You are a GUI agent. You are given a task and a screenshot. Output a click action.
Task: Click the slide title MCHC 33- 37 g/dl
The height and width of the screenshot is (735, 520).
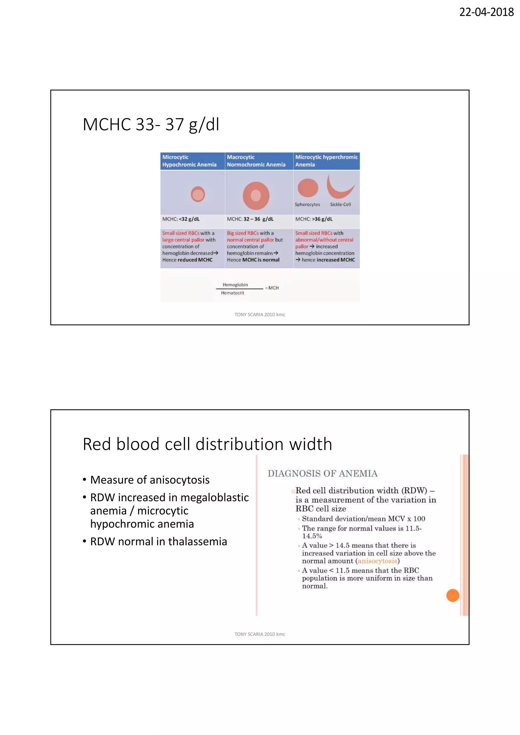[151, 125]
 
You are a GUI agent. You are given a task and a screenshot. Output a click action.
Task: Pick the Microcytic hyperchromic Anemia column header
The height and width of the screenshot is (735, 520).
[326, 161]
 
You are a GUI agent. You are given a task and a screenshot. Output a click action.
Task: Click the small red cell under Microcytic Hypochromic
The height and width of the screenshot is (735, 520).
[198, 194]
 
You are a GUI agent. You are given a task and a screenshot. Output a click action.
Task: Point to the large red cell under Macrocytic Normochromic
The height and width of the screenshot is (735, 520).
[256, 196]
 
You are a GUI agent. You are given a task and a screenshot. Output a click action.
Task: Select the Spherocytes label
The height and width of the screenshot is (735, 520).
[307, 204]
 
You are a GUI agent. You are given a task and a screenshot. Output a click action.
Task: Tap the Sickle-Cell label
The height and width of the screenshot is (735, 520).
[340, 204]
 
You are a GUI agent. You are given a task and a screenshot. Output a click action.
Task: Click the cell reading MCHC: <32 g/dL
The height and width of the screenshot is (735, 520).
[181, 219]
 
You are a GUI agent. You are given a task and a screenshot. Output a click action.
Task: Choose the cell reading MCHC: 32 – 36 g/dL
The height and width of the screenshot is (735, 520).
[250, 219]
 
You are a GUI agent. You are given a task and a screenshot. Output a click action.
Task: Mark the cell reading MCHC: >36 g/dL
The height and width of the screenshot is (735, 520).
[314, 219]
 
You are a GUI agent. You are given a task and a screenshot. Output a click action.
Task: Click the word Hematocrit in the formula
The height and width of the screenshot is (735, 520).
[233, 293]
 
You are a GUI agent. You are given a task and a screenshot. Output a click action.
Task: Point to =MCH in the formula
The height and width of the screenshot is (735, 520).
[272, 288]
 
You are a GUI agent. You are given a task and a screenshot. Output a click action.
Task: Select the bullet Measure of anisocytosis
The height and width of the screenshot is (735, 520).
[150, 480]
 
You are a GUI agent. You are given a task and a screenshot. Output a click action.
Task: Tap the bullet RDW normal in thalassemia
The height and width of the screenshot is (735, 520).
[158, 541]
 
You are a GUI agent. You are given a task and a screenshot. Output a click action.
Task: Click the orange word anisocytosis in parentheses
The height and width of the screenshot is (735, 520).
[377, 561]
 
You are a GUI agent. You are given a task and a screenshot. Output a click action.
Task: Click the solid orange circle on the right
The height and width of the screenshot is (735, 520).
[452, 595]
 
